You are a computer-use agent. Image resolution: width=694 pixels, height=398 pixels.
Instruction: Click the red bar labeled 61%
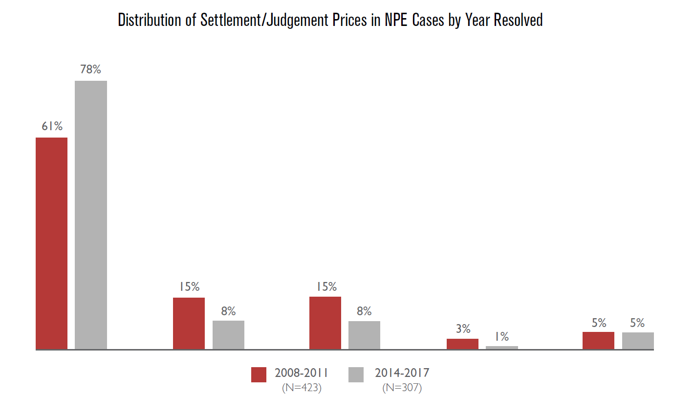(x=51, y=243)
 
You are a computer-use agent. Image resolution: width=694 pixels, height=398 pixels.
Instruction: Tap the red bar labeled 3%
(x=462, y=344)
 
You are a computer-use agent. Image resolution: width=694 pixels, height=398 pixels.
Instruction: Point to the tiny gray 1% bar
(x=501, y=348)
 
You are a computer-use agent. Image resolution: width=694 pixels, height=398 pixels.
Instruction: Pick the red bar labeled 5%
(x=598, y=340)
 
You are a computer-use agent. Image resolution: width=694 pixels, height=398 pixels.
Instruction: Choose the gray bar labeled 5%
(x=638, y=341)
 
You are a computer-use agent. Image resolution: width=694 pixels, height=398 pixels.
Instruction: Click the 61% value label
(x=52, y=126)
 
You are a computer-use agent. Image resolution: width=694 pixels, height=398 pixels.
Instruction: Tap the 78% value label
(x=90, y=70)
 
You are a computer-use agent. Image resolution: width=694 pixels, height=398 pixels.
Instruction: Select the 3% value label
(x=463, y=328)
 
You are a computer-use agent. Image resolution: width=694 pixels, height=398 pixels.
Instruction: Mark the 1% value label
(x=501, y=336)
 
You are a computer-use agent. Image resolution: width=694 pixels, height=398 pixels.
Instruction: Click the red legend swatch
(x=259, y=375)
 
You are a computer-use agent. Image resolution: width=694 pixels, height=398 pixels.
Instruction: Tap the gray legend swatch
(x=356, y=375)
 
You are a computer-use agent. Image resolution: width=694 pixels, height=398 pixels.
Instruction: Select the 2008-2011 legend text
(x=301, y=373)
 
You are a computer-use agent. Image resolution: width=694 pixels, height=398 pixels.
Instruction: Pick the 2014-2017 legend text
(x=402, y=373)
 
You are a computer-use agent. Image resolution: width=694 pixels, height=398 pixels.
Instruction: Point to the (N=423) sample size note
(x=302, y=388)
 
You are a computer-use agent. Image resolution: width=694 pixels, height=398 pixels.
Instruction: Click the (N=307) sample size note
(x=402, y=388)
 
